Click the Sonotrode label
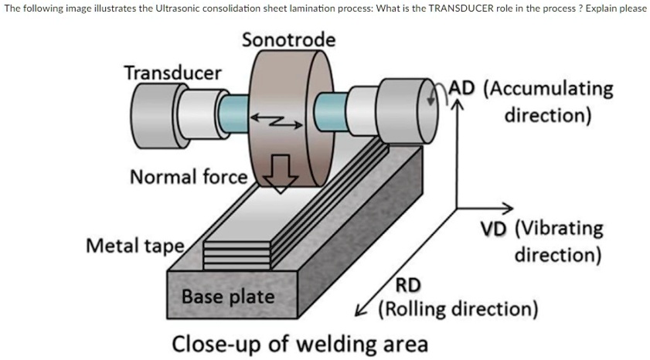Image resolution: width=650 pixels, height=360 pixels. coord(288,39)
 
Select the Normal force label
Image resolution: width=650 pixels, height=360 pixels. coord(188,177)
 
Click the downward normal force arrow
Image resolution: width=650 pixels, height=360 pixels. coord(281,174)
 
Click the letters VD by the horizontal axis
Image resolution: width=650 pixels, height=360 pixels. coord(495,229)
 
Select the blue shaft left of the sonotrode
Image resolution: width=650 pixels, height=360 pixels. coord(230,113)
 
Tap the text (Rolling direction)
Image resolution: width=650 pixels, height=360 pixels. coord(458,310)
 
